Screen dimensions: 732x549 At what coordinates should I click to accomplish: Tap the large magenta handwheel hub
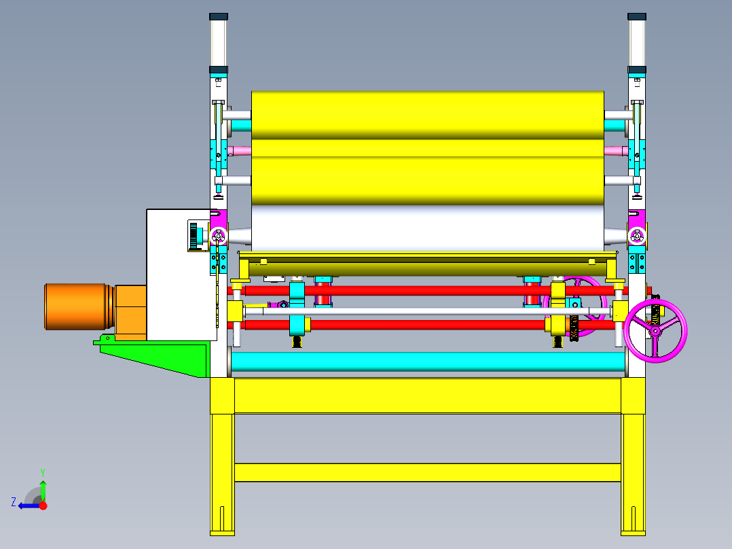(x=655, y=332)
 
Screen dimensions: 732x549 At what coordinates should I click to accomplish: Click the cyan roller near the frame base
(x=428, y=362)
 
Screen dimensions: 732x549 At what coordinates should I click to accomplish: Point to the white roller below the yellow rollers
(x=428, y=229)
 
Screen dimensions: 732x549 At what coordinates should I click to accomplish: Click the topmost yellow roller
(x=428, y=116)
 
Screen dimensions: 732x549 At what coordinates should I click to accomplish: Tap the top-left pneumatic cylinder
(x=219, y=43)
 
